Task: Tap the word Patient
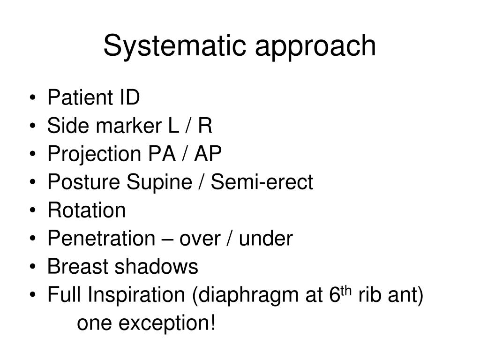pyautogui.click(x=77, y=98)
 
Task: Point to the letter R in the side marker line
pyautogui.click(x=205, y=126)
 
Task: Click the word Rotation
pyautogui.click(x=86, y=210)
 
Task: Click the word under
pyautogui.click(x=266, y=239)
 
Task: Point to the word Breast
pyautogui.click(x=78, y=267)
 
